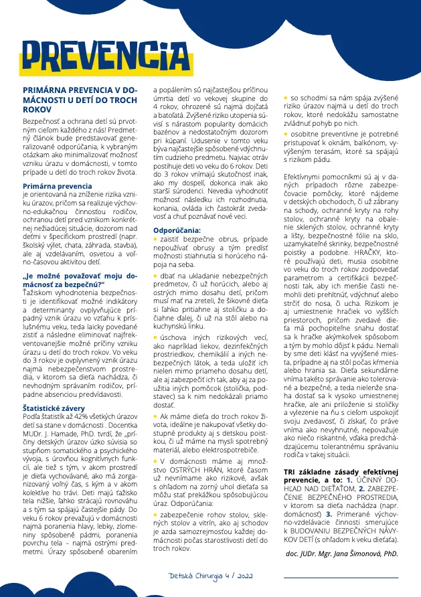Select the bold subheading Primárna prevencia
click(58, 185)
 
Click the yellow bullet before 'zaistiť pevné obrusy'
click(156, 238)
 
